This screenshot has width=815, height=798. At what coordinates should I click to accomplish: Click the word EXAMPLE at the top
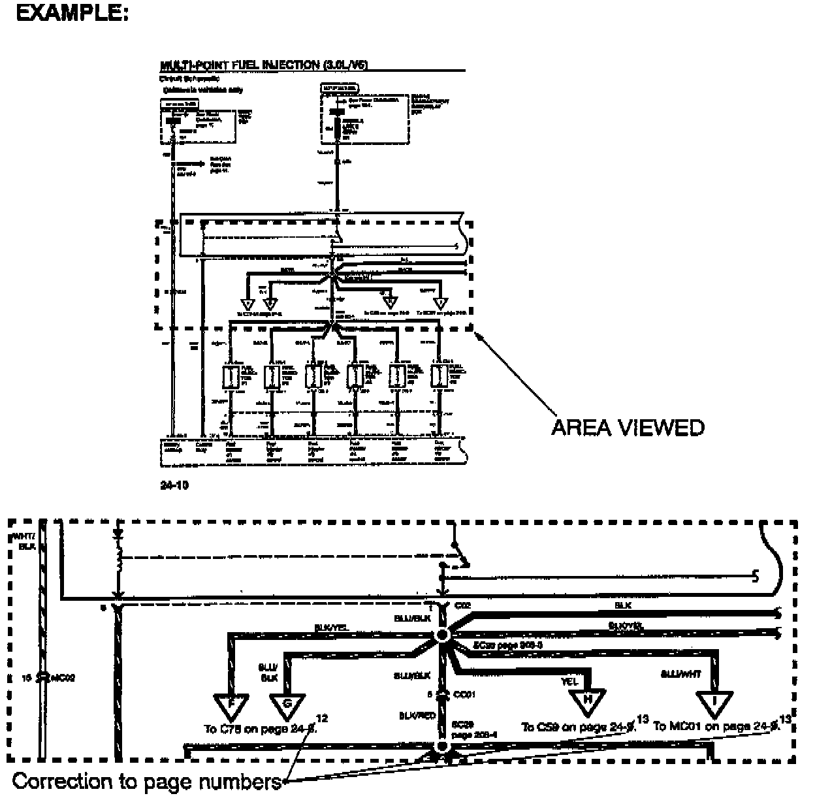(72, 13)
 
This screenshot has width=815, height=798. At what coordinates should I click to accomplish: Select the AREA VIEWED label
(628, 428)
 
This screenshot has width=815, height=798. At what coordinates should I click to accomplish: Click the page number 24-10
(175, 486)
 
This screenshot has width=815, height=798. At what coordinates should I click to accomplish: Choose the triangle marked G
(287, 704)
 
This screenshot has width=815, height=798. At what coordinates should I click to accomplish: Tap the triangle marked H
(588, 702)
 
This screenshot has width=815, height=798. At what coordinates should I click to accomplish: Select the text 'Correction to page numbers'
(147, 782)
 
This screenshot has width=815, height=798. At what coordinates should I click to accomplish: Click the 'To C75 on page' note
(260, 729)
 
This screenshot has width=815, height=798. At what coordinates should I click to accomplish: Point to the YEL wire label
(569, 682)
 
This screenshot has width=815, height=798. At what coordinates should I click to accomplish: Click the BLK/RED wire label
(417, 716)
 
